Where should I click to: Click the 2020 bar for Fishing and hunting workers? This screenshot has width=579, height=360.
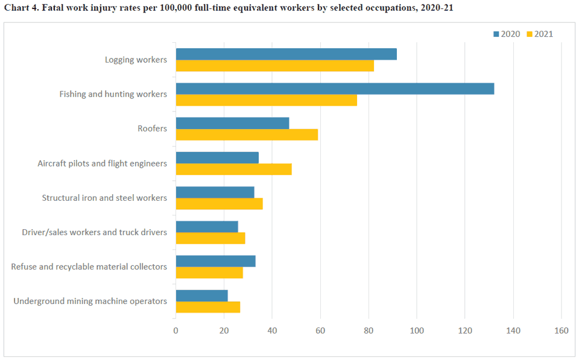[335, 89]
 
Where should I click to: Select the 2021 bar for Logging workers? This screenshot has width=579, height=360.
[274, 66]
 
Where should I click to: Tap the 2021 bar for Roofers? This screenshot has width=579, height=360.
[247, 134]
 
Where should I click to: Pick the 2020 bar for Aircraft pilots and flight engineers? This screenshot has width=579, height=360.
[217, 157]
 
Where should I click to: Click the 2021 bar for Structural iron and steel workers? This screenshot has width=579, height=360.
[219, 204]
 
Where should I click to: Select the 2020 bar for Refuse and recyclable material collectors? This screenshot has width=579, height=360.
[215, 261]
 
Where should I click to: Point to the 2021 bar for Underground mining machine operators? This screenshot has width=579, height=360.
[207, 307]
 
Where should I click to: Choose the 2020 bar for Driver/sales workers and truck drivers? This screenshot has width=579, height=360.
[207, 227]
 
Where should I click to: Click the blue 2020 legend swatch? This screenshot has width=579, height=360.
[496, 34]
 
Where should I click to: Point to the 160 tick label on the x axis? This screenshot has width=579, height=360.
[561, 330]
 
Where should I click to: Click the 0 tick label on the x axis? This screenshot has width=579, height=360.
[176, 330]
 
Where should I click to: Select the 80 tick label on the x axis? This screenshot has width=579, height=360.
[369, 330]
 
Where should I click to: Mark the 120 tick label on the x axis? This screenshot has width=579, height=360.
[464, 330]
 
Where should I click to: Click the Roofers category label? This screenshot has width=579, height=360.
[152, 128]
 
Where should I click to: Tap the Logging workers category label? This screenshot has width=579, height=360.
[136, 60]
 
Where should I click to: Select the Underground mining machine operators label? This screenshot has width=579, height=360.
[90, 301]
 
